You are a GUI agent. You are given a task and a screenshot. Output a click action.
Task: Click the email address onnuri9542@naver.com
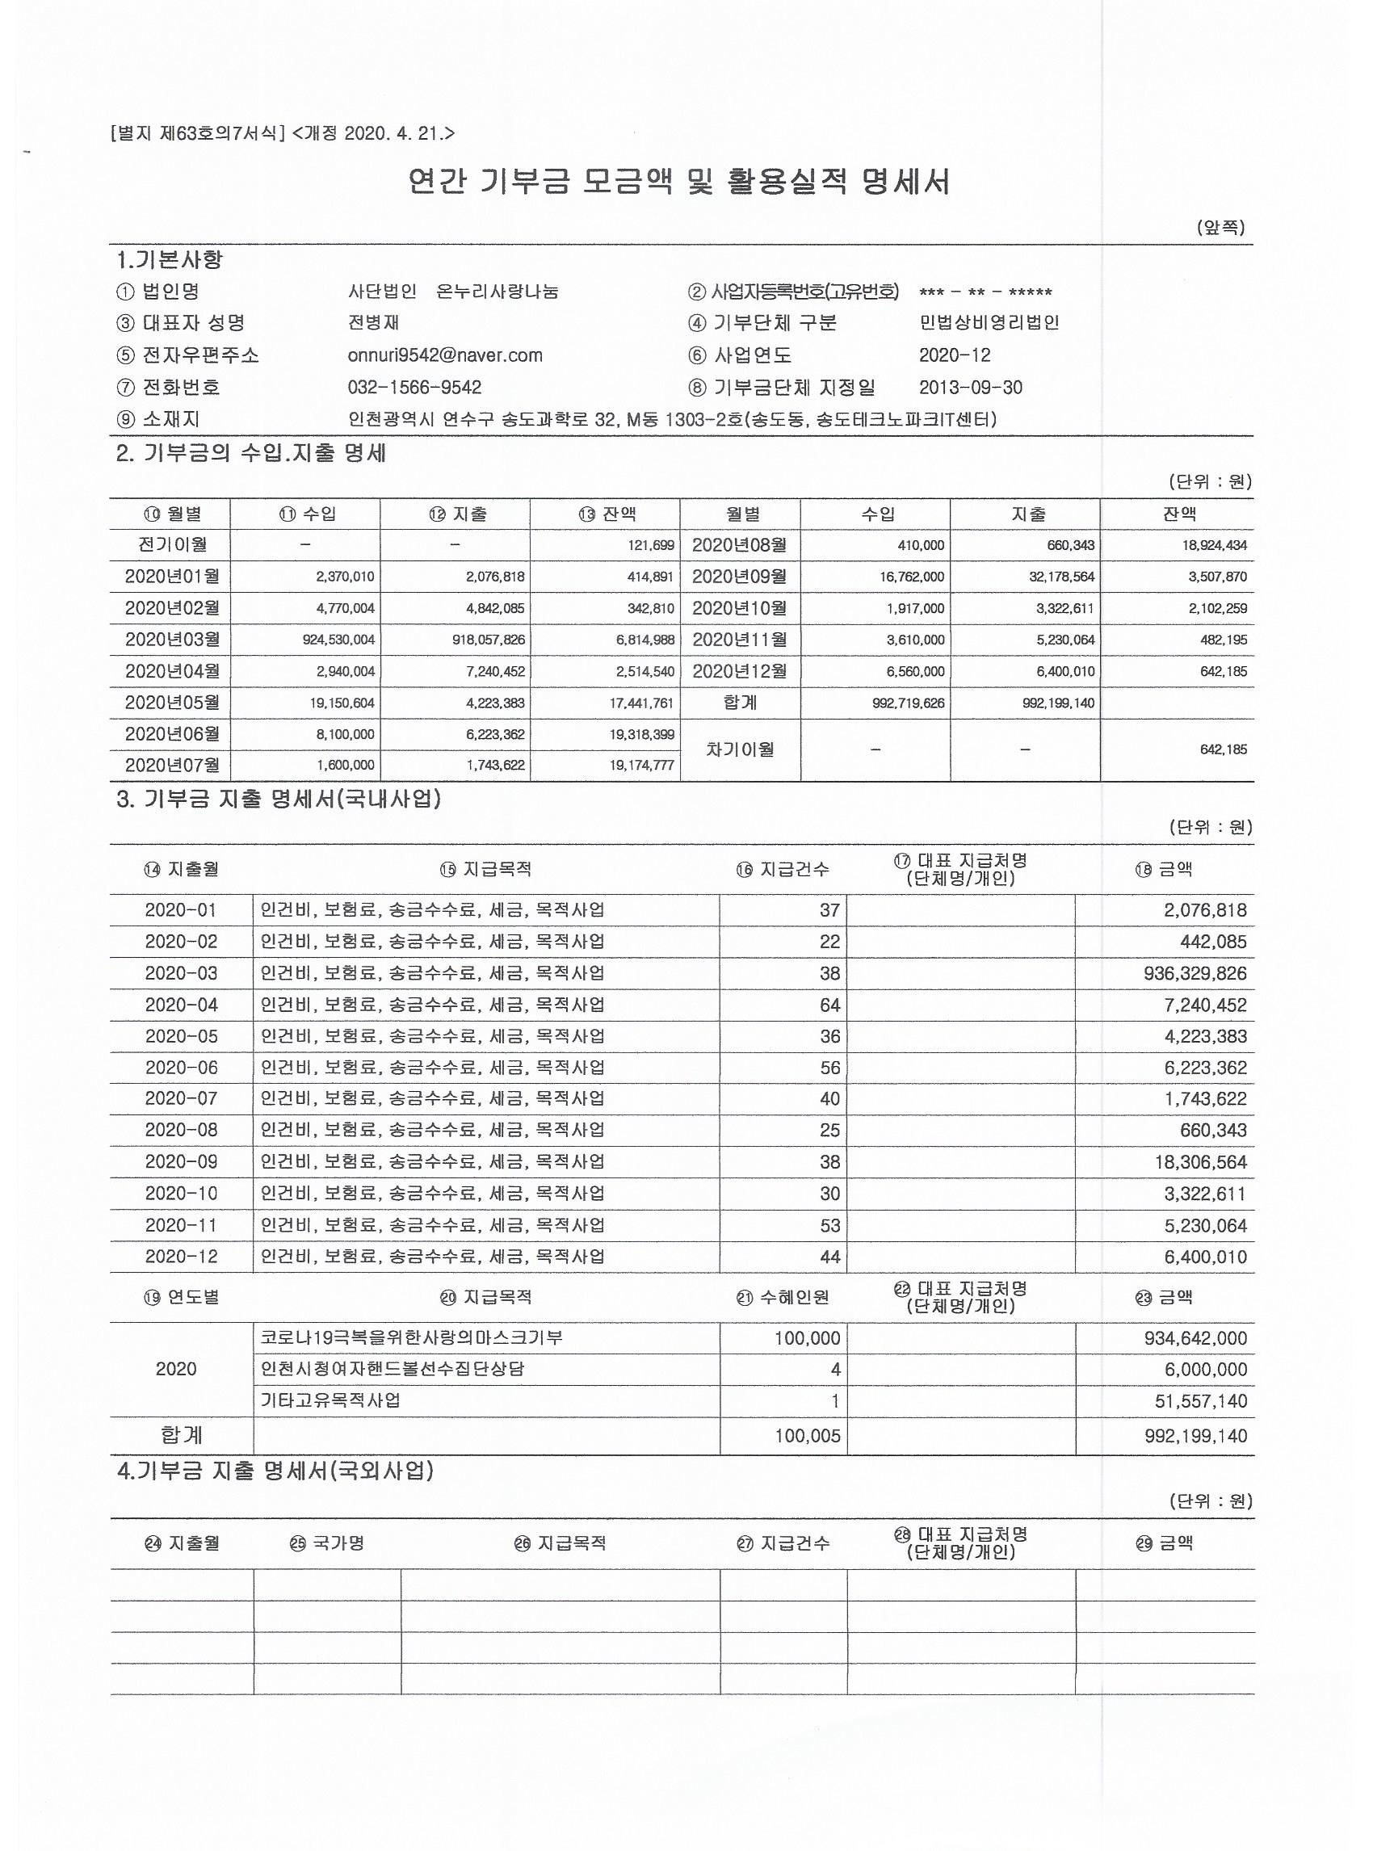point(445,355)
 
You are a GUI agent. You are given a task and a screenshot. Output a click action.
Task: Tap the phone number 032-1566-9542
point(414,388)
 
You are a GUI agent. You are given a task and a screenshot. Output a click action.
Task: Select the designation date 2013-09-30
point(971,388)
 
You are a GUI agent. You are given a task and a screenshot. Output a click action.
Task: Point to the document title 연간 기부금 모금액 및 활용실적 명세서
point(679,181)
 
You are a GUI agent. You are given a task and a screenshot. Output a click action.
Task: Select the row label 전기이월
point(172,545)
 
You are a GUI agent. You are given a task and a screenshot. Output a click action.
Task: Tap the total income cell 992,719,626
point(909,703)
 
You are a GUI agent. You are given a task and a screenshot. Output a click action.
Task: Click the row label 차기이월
point(740,749)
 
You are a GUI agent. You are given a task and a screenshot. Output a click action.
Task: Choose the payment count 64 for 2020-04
point(829,1005)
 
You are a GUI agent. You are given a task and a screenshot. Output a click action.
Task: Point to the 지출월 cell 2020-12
point(181,1257)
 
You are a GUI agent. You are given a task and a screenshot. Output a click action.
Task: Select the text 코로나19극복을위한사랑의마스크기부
point(411,1337)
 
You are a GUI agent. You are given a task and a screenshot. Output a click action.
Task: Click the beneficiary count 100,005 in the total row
point(807,1435)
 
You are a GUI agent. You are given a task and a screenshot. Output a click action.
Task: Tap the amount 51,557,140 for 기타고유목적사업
point(1201,1400)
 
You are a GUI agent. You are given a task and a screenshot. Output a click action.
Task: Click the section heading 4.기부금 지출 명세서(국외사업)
point(275,1471)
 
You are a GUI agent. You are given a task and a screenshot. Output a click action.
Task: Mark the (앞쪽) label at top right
point(1220,228)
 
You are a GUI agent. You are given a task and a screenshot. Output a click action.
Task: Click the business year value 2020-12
point(955,355)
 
